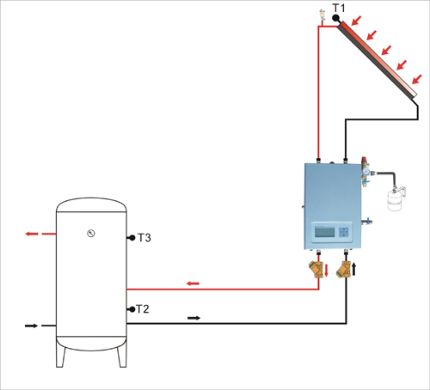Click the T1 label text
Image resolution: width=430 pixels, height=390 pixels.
(x=339, y=8)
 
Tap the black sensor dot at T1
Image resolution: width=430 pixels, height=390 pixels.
(x=335, y=18)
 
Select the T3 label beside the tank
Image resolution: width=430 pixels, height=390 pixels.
(x=144, y=238)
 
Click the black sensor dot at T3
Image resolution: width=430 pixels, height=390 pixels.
(x=132, y=238)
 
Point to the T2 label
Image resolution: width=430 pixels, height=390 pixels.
(x=143, y=309)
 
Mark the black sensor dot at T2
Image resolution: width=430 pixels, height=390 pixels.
(x=132, y=309)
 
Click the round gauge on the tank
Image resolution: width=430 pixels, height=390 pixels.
(x=91, y=234)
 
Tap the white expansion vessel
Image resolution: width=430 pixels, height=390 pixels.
(x=394, y=200)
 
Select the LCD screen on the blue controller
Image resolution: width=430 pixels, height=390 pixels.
(x=324, y=232)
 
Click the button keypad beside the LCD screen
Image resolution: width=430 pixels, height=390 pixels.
(x=344, y=232)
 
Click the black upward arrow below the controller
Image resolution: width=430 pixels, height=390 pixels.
(x=354, y=269)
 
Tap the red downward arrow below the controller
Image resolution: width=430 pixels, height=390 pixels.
(x=326, y=271)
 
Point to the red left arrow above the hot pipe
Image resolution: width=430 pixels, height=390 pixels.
(x=193, y=283)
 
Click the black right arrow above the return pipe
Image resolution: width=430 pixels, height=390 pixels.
(x=194, y=318)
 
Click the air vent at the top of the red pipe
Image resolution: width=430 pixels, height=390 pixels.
(x=322, y=16)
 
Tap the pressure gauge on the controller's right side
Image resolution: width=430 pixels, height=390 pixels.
(x=365, y=171)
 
